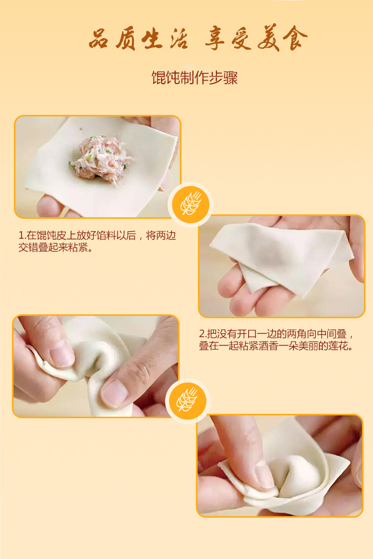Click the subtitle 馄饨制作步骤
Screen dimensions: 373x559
point(194,78)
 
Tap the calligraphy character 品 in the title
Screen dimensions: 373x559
point(99,39)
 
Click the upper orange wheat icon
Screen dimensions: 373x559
point(190,204)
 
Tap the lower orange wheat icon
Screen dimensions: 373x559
point(187,401)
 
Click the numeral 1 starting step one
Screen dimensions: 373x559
point(21,236)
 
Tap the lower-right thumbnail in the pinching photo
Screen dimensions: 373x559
point(115,392)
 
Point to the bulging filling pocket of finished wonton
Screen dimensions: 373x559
point(298,474)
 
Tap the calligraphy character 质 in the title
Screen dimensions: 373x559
point(125,39)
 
